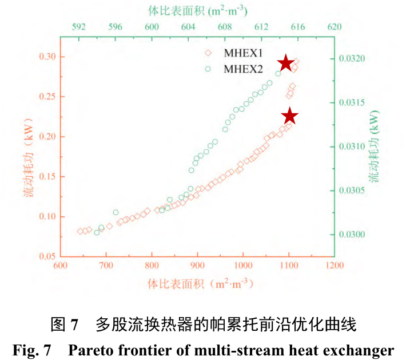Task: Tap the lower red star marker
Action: click(x=290, y=116)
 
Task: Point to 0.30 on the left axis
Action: click(x=45, y=57)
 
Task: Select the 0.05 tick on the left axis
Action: click(x=45, y=256)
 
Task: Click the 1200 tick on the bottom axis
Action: click(x=334, y=267)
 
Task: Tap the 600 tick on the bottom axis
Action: click(x=61, y=267)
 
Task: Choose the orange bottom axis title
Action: click(x=197, y=283)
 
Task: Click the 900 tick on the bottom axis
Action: click(x=197, y=267)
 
